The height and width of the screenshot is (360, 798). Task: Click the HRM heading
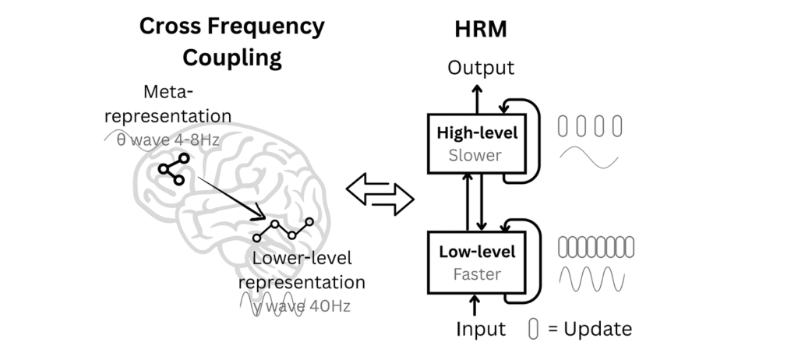[480, 29]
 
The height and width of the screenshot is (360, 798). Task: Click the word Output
[481, 68]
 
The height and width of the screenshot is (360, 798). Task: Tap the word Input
[480, 329]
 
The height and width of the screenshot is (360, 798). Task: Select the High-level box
[477, 143]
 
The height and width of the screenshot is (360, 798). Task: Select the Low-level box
[477, 263]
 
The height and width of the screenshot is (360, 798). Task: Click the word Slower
[475, 155]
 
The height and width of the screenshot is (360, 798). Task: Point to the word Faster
[477, 274]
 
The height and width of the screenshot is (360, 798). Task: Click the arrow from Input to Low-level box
[475, 305]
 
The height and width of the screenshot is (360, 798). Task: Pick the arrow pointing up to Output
[477, 99]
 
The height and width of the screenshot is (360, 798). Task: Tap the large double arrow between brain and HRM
[380, 194]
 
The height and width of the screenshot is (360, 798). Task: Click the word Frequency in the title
[270, 26]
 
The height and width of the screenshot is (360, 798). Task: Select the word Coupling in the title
[232, 57]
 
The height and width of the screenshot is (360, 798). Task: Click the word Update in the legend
[598, 329]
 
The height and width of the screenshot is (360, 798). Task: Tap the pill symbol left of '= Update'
[533, 329]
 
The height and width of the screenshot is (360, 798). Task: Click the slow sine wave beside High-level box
[589, 157]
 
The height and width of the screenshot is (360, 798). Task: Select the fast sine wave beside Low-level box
[592, 279]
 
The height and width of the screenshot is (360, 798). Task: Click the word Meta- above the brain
[168, 92]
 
